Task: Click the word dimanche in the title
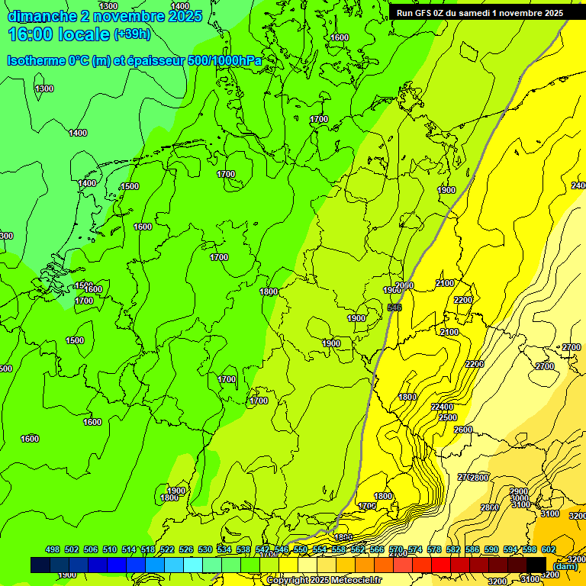click(x=43, y=16)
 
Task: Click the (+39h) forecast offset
click(x=132, y=34)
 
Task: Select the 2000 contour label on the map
click(x=404, y=285)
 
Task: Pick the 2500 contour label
click(x=448, y=417)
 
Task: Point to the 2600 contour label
click(x=463, y=430)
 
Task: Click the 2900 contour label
click(x=520, y=491)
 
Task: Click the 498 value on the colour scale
click(x=53, y=549)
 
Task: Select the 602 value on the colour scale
click(x=548, y=549)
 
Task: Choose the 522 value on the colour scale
click(x=167, y=549)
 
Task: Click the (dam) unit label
click(x=565, y=565)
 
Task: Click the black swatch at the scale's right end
click(x=536, y=565)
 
